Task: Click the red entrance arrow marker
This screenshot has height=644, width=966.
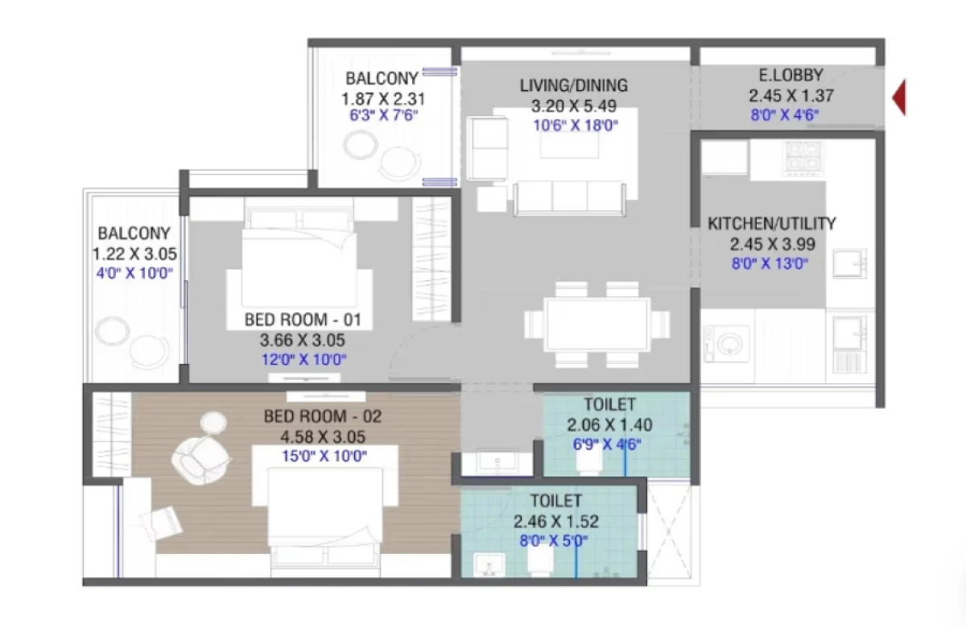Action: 898,97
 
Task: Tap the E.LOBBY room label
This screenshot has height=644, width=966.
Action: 791,76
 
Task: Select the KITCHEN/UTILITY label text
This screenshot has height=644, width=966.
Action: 771,224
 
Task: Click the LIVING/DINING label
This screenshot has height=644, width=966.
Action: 573,85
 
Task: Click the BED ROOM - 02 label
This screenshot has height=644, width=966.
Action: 322,417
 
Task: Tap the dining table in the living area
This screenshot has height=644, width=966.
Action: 597,324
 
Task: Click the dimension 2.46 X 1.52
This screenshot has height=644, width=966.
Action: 555,522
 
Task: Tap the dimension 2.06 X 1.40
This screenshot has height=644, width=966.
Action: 609,425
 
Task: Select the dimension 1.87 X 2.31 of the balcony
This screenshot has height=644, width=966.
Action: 382,99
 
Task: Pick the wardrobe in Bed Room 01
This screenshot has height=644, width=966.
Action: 433,258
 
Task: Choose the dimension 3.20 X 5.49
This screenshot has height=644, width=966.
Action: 573,106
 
